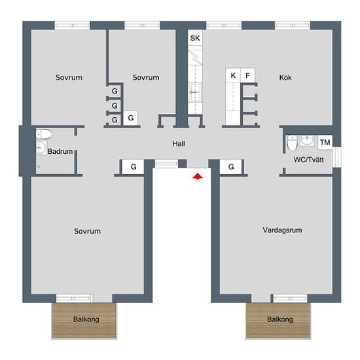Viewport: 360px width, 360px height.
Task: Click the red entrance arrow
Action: (x=198, y=176)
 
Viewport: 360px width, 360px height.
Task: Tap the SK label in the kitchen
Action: (x=195, y=38)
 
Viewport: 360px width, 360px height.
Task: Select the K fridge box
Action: (x=233, y=75)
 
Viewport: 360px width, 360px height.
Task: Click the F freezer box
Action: (x=247, y=75)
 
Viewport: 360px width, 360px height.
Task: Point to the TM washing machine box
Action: (x=325, y=143)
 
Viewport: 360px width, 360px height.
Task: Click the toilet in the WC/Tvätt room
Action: (x=293, y=143)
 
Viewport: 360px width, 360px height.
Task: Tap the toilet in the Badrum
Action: (x=45, y=134)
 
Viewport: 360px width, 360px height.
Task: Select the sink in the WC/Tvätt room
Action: (x=307, y=140)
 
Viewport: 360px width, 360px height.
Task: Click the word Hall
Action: (x=179, y=144)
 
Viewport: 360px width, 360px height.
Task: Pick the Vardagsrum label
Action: (x=282, y=230)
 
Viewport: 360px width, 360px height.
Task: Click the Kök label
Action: (x=285, y=78)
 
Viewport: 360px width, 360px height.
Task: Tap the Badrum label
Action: (x=60, y=152)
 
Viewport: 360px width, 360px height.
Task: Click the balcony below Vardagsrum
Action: (x=278, y=320)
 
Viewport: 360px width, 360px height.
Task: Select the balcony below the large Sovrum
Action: (x=84, y=320)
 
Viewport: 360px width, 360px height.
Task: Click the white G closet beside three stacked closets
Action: (x=131, y=118)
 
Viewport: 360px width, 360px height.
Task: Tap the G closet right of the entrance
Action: (x=231, y=167)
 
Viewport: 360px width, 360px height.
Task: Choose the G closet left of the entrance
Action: (x=133, y=167)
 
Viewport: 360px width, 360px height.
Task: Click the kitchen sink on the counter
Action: (x=195, y=92)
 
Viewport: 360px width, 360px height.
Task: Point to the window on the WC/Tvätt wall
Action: (x=337, y=157)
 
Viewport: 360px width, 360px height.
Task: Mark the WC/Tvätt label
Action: (x=308, y=160)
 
